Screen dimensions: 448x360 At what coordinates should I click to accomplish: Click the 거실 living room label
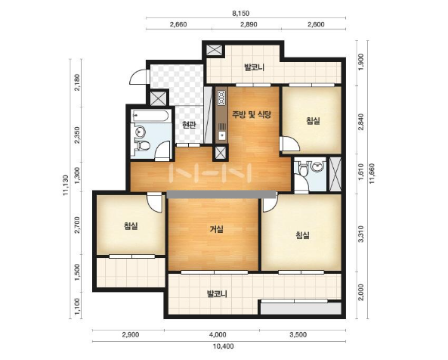click(217, 228)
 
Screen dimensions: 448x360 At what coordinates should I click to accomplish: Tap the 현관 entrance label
click(189, 125)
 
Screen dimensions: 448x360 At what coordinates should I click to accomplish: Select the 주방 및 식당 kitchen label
click(251, 115)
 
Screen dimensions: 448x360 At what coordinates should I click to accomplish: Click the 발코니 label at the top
click(254, 67)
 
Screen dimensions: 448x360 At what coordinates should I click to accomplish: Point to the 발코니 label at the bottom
click(217, 293)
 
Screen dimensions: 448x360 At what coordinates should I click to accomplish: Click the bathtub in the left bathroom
click(150, 116)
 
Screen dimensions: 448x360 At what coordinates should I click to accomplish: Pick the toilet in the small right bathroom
click(303, 169)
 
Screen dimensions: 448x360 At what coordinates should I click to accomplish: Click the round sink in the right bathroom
click(317, 166)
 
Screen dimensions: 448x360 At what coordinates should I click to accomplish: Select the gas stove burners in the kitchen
click(221, 98)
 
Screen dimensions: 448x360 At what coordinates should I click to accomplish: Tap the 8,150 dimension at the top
click(240, 13)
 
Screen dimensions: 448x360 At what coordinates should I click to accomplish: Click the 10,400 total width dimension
click(224, 346)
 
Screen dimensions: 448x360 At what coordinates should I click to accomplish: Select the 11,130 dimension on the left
click(66, 185)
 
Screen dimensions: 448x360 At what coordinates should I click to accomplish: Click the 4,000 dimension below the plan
click(218, 334)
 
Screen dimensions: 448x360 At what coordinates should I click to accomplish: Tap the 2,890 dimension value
click(249, 24)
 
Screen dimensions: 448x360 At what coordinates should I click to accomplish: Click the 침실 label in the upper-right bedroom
click(313, 121)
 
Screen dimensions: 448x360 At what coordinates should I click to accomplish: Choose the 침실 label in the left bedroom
click(131, 226)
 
